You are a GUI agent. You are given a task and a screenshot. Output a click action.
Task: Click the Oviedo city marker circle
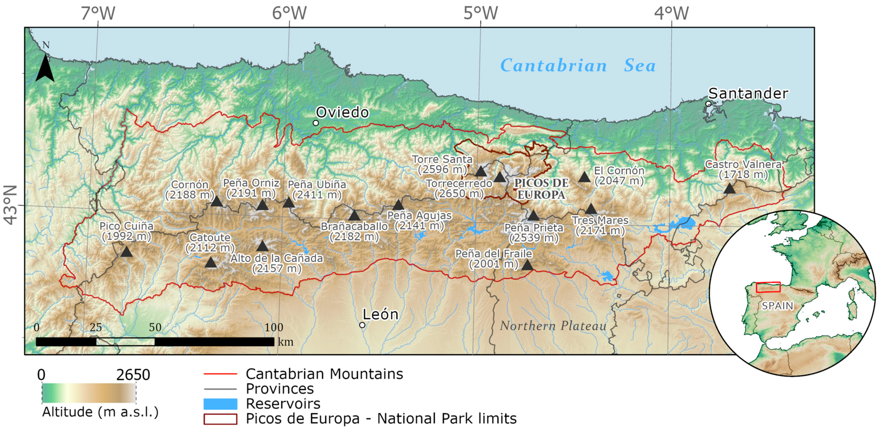click(316, 123)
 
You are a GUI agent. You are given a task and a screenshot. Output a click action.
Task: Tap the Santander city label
click(748, 93)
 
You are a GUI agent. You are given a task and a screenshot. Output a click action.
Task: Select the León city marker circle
click(362, 325)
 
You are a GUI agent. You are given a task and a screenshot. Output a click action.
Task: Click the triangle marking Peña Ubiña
click(289, 203)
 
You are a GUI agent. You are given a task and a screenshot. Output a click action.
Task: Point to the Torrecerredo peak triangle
click(500, 177)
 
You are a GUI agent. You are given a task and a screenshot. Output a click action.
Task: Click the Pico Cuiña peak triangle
click(127, 252)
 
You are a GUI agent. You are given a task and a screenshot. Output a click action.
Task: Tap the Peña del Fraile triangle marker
click(527, 265)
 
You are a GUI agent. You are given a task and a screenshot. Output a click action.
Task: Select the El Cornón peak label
click(619, 175)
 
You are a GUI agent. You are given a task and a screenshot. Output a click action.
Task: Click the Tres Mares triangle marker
click(591, 209)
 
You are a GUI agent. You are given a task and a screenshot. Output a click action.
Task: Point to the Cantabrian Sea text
click(578, 65)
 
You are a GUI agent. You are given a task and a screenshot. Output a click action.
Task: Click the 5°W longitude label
click(480, 13)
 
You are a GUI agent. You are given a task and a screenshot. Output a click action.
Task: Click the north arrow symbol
click(45, 68)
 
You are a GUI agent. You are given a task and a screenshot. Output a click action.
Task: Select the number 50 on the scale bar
click(155, 327)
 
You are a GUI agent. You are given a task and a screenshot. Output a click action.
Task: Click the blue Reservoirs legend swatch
click(220, 404)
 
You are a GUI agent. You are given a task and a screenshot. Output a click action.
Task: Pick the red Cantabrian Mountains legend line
click(220, 374)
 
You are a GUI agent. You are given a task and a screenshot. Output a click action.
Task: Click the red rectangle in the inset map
click(768, 287)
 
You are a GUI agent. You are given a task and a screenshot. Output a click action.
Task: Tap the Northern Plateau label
click(553, 326)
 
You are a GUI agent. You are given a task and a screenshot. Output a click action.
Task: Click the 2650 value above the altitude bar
click(133, 375)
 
